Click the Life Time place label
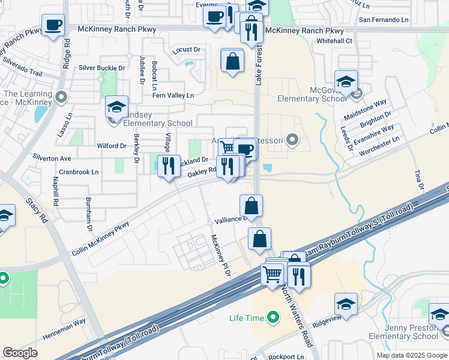coord(246,317)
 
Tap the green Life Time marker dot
coord(273,316)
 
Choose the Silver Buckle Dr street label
coord(102,68)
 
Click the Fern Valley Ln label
coord(173,95)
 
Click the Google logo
coord(20,353)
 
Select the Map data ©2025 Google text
coord(412,355)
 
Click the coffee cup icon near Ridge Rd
coord(53,25)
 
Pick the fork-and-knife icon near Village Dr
coord(169,165)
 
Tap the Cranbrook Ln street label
coord(79,172)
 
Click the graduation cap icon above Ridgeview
coord(346,304)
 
